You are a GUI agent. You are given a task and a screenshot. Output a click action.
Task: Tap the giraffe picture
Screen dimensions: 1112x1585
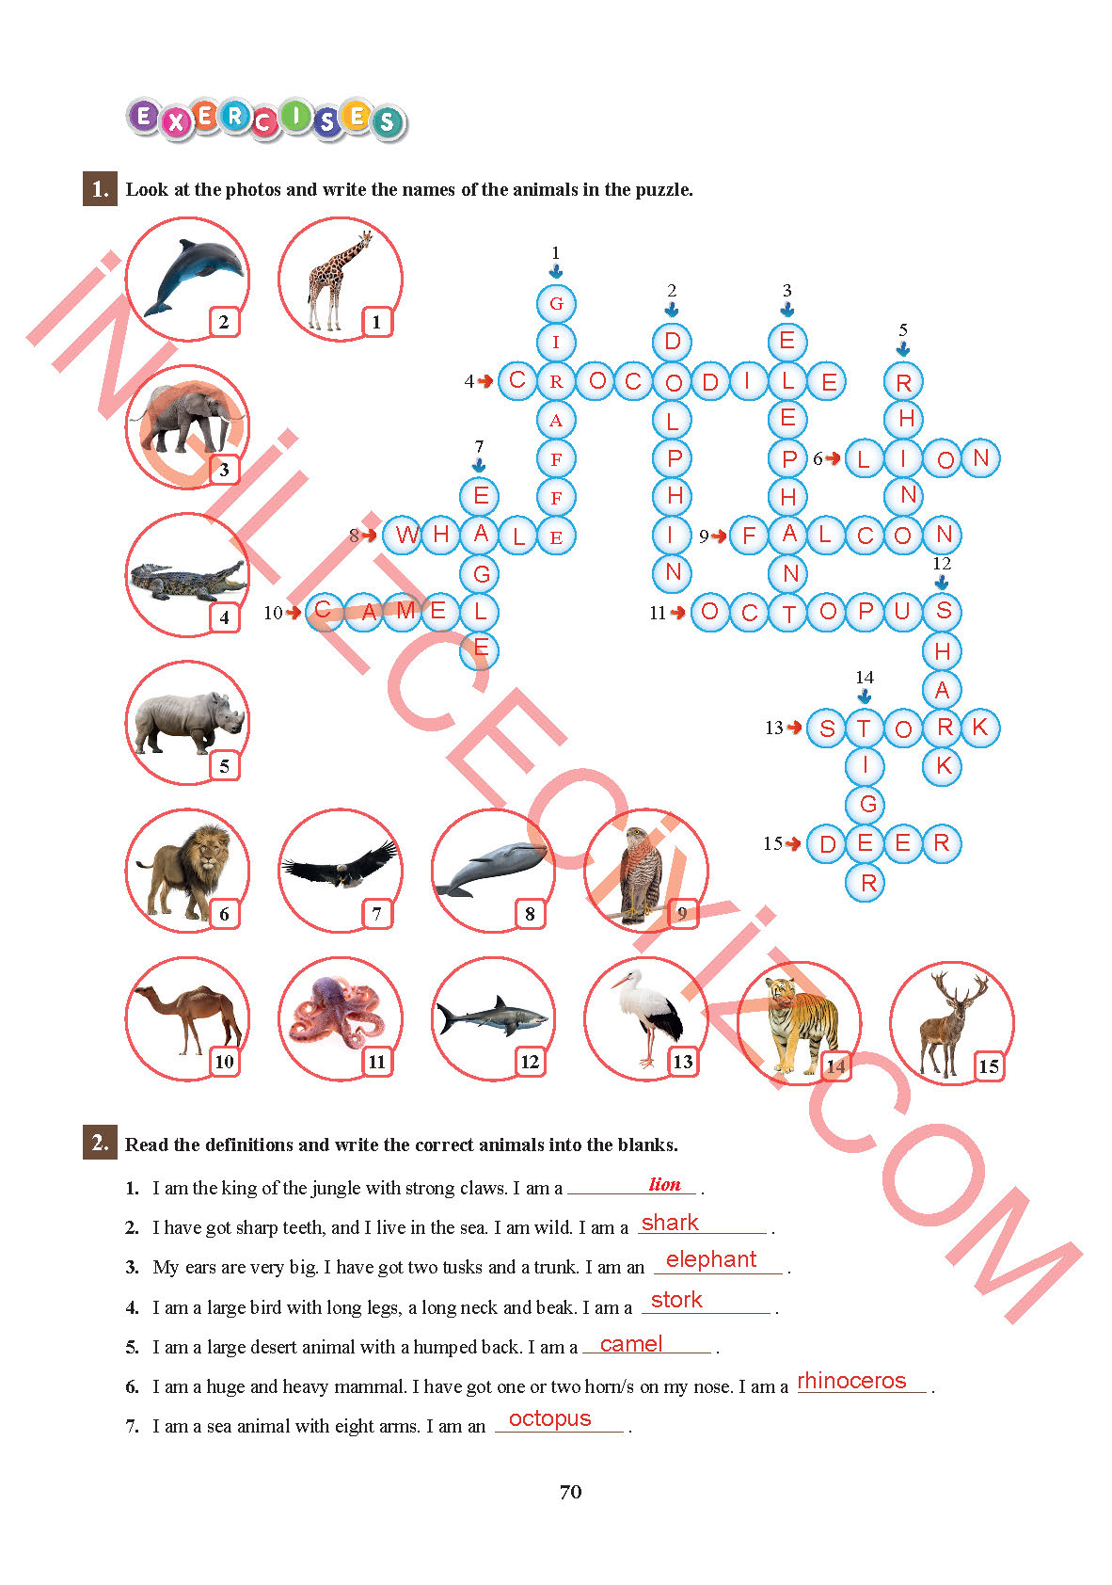(x=338, y=280)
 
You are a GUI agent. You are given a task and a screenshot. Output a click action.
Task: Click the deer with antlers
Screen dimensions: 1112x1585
(x=950, y=1023)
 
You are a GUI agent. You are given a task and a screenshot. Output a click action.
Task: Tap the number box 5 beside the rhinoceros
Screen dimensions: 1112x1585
(x=224, y=765)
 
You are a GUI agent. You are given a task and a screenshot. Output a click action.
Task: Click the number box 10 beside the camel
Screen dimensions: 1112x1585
(x=224, y=1062)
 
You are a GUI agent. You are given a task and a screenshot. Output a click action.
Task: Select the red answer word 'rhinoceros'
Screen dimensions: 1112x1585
(x=851, y=1381)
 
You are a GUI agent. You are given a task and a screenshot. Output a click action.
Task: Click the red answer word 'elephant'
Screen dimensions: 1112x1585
(x=711, y=1259)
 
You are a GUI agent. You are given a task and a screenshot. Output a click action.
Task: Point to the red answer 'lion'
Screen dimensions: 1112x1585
(x=665, y=1184)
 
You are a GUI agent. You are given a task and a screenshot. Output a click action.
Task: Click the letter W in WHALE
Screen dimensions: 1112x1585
(x=406, y=535)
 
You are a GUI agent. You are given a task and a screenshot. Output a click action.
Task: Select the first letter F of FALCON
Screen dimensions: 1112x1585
(x=749, y=535)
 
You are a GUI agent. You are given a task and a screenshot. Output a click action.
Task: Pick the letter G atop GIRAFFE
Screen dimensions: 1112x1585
(x=556, y=304)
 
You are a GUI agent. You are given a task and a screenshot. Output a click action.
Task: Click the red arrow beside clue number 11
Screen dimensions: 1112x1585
(x=677, y=612)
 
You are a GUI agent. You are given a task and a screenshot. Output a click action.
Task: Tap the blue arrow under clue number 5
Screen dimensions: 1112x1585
(x=902, y=348)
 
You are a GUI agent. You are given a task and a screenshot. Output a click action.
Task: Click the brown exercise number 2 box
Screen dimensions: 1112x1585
(x=100, y=1143)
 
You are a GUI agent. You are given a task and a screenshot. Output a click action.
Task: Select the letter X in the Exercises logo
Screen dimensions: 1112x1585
(x=175, y=121)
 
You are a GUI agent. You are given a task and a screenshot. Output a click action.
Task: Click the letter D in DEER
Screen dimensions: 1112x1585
(x=828, y=844)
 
